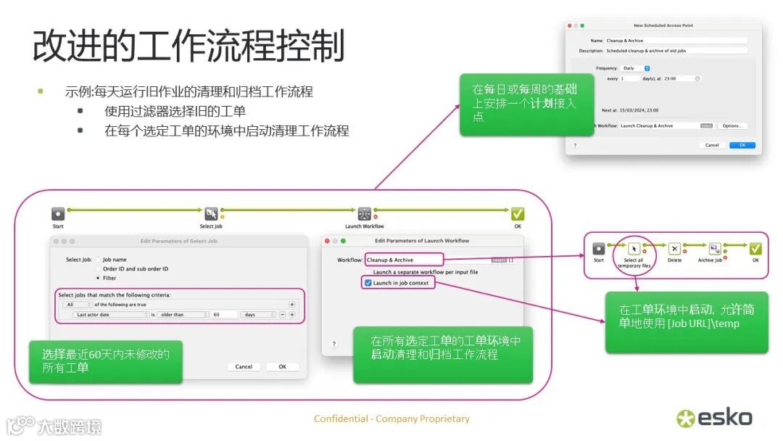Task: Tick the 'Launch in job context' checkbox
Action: pyautogui.click(x=369, y=283)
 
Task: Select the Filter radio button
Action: pyautogui.click(x=98, y=278)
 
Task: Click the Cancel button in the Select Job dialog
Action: pyautogui.click(x=244, y=366)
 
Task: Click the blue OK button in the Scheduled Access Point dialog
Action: pyautogui.click(x=742, y=145)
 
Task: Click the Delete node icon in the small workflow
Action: pyautogui.click(x=674, y=249)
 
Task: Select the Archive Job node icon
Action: pyautogui.click(x=714, y=249)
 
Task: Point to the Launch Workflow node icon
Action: pyautogui.click(x=364, y=214)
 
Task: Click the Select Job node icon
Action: pyautogui.click(x=211, y=214)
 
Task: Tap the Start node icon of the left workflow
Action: pyautogui.click(x=58, y=214)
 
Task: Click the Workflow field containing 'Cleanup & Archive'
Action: pyautogui.click(x=403, y=260)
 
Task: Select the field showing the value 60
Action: pyautogui.click(x=225, y=315)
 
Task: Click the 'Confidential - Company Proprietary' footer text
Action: pyautogui.click(x=391, y=419)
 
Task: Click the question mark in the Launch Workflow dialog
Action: pyautogui.click(x=333, y=344)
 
